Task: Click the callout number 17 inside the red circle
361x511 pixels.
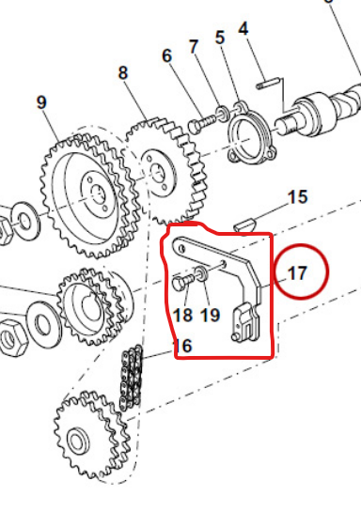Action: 297,273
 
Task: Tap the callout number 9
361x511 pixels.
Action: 41,102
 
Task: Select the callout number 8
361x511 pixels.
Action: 122,73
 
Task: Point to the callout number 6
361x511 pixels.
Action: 166,55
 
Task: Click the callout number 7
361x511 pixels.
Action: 194,47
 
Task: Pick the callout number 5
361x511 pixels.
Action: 220,38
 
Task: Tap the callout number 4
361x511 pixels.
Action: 243,29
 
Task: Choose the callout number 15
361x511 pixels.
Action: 297,197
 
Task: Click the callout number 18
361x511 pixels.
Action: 182,315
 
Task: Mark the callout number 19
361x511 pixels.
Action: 210,315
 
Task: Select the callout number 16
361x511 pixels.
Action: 182,346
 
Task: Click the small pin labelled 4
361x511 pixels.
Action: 268,83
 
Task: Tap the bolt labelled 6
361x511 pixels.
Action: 202,123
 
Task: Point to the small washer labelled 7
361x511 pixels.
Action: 224,113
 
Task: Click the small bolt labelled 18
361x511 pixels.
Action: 182,282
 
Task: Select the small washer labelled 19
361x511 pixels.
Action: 200,273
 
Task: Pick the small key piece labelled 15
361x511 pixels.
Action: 244,225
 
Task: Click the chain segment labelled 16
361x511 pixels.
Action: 131,377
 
